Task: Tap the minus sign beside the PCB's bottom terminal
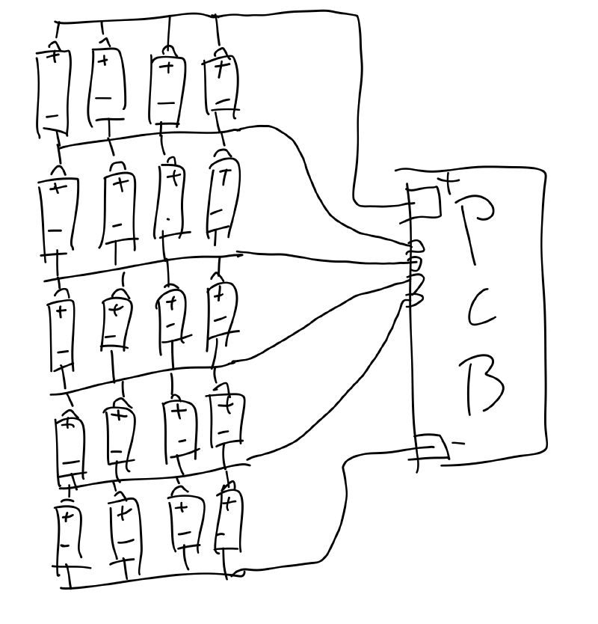click(x=459, y=443)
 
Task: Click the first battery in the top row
click(x=53, y=90)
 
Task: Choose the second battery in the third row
click(x=115, y=325)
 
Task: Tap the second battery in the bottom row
click(x=125, y=530)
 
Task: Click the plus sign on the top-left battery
click(x=53, y=55)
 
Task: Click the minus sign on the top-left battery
click(x=52, y=117)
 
